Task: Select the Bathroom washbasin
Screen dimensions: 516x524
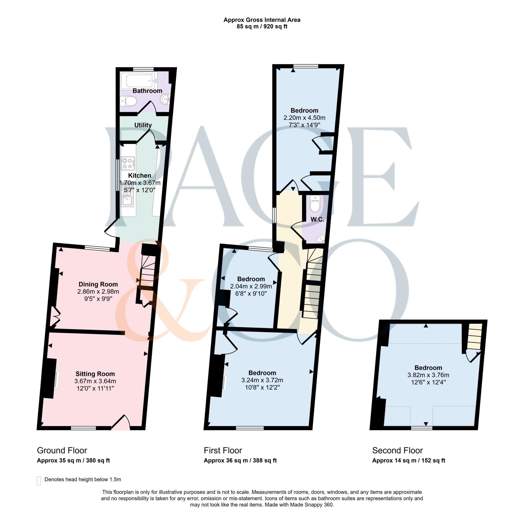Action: [x=165, y=99]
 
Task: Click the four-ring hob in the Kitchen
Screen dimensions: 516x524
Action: [x=128, y=163]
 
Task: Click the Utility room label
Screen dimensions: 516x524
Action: [x=143, y=125]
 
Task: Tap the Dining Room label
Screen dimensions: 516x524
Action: [x=98, y=284]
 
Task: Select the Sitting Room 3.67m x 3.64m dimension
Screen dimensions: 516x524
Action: [x=95, y=381]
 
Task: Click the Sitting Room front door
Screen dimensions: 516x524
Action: [x=121, y=423]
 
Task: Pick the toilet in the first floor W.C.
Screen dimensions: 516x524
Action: [x=315, y=204]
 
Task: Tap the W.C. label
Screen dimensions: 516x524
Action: [x=317, y=219]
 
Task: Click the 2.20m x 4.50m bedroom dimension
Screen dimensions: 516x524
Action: [x=304, y=118]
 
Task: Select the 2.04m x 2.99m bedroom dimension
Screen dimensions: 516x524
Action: [x=251, y=286]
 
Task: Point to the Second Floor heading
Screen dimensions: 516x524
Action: [x=397, y=451]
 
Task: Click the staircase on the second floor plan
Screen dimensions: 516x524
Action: [x=475, y=336]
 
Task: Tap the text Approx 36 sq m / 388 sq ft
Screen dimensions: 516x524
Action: [x=240, y=461]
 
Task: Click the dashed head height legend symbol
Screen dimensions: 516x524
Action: [x=39, y=480]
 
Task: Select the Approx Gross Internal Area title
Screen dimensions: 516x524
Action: [x=262, y=20]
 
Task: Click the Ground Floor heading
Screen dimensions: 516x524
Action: [x=62, y=451]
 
